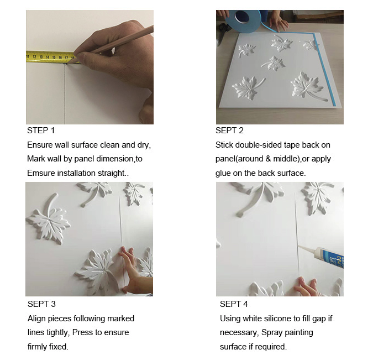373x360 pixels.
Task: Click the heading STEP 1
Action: (x=41, y=131)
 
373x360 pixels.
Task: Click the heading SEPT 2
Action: (x=229, y=131)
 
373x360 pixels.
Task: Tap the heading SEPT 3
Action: (x=41, y=304)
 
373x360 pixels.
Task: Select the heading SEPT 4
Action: (x=234, y=304)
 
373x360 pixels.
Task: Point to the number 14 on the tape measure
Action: (x=48, y=57)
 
